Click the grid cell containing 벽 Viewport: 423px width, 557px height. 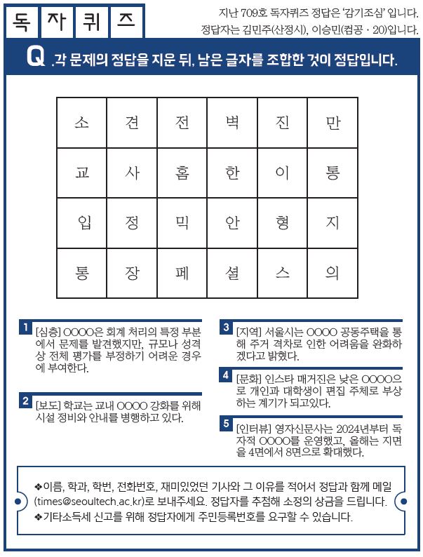point(232,123)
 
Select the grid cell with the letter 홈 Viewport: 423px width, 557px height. point(182,173)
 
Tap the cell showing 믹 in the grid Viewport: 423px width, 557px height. point(182,223)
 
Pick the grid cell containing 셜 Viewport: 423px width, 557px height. point(232,274)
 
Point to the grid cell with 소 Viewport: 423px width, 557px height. point(82,123)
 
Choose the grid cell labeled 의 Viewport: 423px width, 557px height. point(333,274)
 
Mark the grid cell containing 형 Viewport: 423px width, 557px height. point(283,223)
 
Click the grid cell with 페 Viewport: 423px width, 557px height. point(182,274)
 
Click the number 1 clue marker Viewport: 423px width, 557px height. point(25,328)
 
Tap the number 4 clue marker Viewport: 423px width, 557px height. point(226,375)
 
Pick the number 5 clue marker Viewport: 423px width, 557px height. point(226,423)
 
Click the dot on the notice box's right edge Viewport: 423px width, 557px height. point(402,502)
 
